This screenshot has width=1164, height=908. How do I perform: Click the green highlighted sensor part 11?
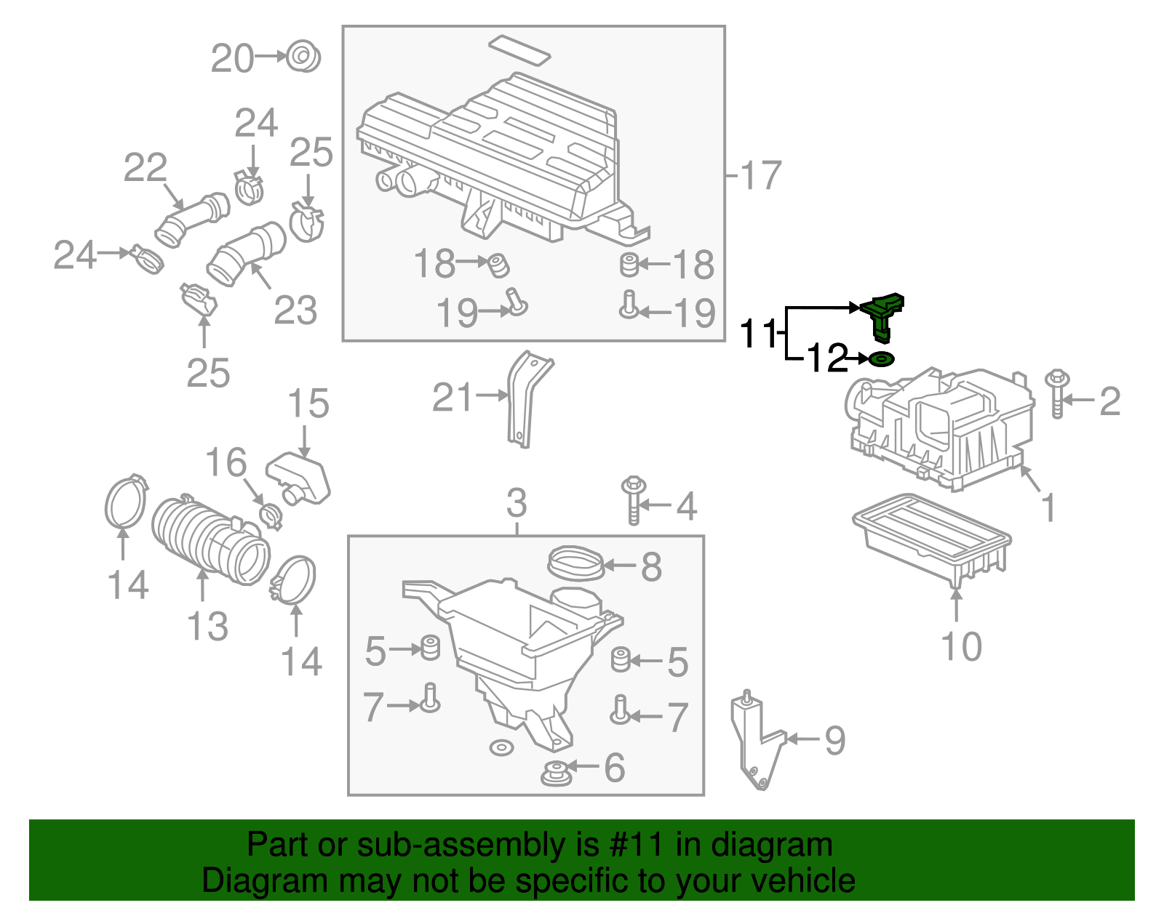coord(882,314)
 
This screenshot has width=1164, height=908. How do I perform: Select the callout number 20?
coord(232,58)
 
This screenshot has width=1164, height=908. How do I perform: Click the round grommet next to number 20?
coord(303,56)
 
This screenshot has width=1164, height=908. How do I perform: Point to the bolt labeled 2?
coord(1056,394)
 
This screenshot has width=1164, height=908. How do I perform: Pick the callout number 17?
coord(760,175)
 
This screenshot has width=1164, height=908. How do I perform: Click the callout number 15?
coord(308,403)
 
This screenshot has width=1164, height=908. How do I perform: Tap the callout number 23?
coord(295,311)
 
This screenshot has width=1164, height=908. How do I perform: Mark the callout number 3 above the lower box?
coord(517,503)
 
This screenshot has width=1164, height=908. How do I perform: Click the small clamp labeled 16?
coord(270,515)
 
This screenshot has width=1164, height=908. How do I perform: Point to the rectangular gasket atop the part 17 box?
coord(519,49)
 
